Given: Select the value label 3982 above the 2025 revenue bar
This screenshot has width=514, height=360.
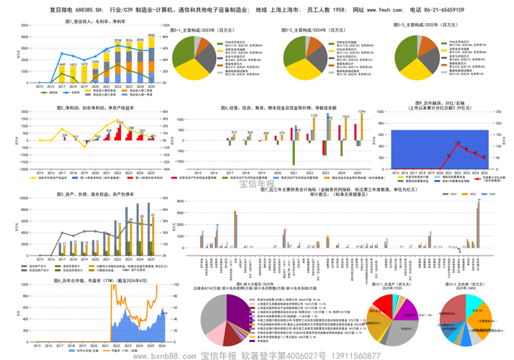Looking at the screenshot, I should (x=151, y=35).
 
